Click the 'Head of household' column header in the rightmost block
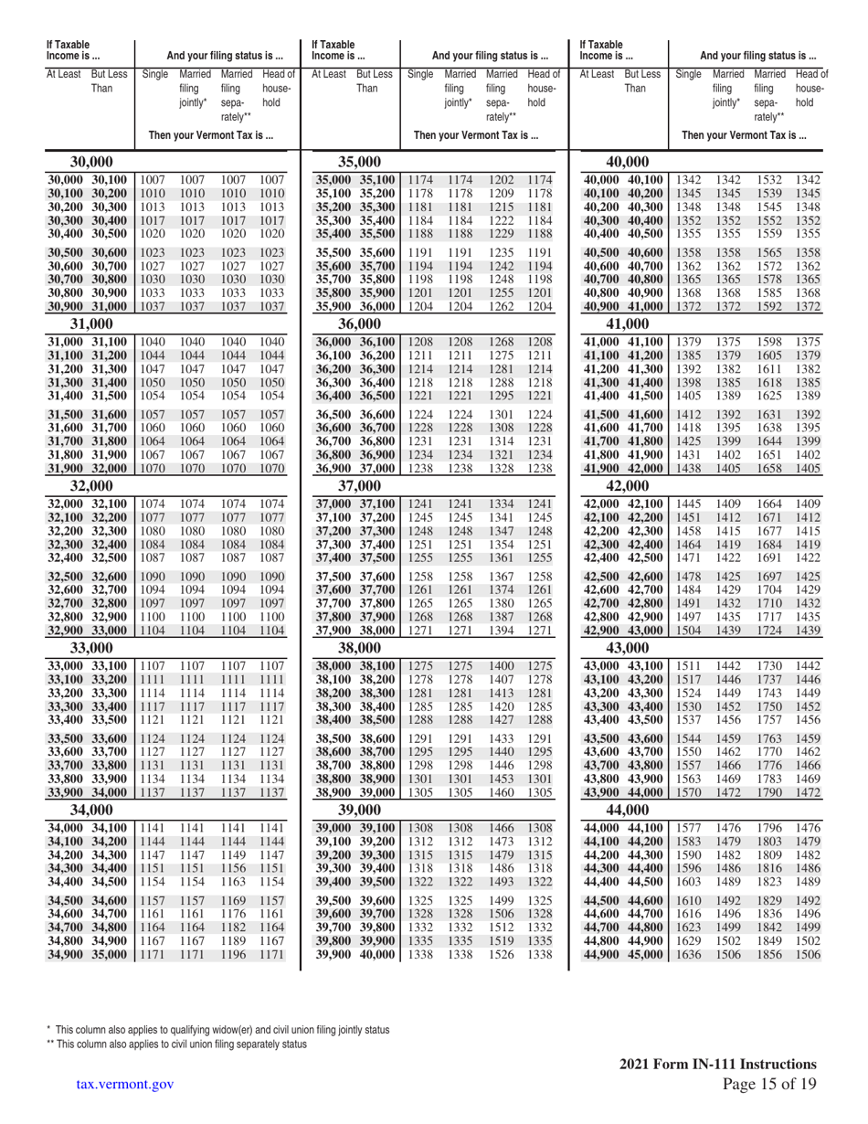[810, 88]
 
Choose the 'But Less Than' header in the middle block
[366, 80]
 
